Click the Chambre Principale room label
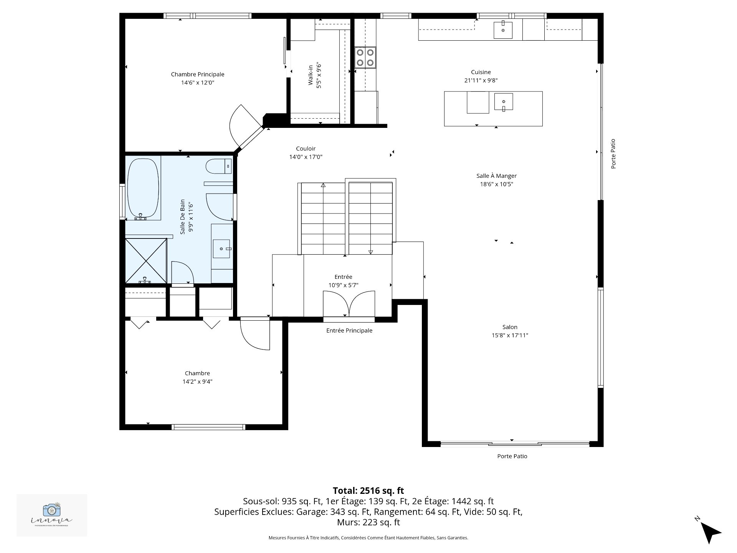[x=197, y=75]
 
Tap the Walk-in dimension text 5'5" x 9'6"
[x=319, y=76]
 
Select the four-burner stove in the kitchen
[x=365, y=57]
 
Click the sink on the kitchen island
[x=503, y=102]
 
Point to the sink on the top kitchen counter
[x=503, y=30]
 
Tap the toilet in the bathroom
[x=218, y=167]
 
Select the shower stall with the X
[x=146, y=261]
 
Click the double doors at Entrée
[x=349, y=304]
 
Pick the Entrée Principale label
[x=349, y=331]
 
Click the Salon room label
[x=510, y=327]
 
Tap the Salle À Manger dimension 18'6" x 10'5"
[x=496, y=184]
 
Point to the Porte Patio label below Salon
[x=512, y=456]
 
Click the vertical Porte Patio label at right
[x=613, y=154]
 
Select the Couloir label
[x=306, y=149]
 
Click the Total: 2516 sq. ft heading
[x=368, y=490]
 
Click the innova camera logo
[x=52, y=510]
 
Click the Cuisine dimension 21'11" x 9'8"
[x=481, y=80]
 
